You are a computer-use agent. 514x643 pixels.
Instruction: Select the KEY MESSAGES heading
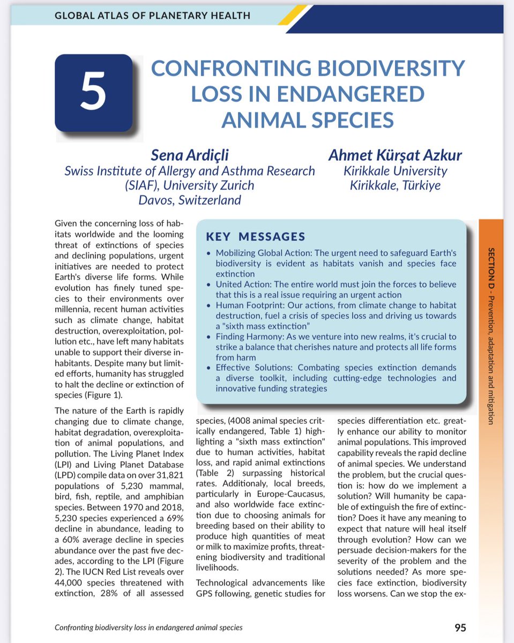tap(256, 237)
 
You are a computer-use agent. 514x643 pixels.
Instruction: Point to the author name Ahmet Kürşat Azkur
tap(394, 156)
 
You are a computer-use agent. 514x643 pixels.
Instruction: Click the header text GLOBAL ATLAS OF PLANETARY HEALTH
tap(152, 16)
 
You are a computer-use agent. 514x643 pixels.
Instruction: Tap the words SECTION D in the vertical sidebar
tap(491, 267)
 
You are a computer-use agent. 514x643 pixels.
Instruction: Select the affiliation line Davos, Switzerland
tap(190, 200)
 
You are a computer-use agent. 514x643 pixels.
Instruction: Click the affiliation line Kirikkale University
tap(395, 171)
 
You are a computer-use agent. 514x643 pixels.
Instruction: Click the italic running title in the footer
tap(148, 627)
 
